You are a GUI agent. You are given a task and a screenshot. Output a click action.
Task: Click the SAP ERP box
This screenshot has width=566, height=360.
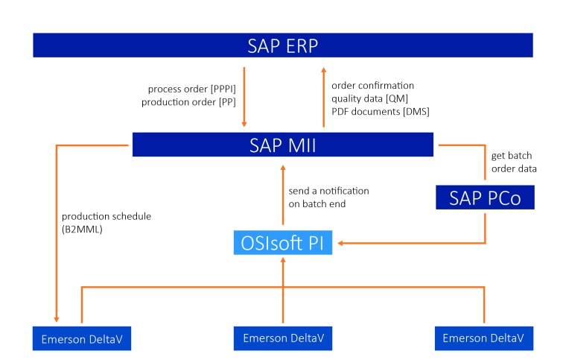pyautogui.click(x=283, y=45)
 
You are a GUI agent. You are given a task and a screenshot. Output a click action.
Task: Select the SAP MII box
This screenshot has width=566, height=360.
pyautogui.click(x=283, y=145)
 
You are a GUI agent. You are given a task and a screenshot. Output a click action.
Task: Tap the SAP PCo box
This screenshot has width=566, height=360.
pyautogui.click(x=485, y=198)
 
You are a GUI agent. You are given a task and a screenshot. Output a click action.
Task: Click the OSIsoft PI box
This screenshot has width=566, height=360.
pyautogui.click(x=283, y=243)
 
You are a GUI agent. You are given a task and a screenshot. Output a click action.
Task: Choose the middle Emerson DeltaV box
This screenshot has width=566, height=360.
pyautogui.click(x=283, y=338)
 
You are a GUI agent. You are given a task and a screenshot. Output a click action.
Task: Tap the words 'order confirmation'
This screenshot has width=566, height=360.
pyautogui.click(x=372, y=85)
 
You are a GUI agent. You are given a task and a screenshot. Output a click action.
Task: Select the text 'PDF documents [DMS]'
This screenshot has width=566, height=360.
pyautogui.click(x=380, y=112)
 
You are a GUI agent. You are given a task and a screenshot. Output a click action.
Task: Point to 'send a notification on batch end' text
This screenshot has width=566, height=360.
pyautogui.click(x=328, y=198)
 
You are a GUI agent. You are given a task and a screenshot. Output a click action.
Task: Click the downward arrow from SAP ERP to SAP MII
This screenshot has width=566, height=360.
pyautogui.click(x=244, y=97)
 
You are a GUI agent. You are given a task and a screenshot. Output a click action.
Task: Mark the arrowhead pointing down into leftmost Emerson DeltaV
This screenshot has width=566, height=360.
pyautogui.click(x=57, y=318)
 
